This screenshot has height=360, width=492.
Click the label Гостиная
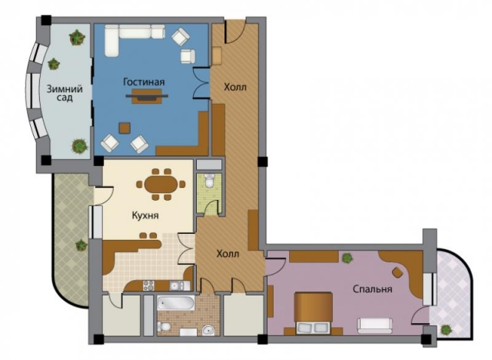[x=144, y=82]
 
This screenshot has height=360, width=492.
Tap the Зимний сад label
[x=65, y=93]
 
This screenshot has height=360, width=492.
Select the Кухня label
[x=145, y=216]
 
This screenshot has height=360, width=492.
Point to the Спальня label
[x=372, y=288]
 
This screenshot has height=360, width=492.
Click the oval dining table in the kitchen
[x=161, y=185]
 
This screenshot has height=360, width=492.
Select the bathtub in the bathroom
[x=175, y=302]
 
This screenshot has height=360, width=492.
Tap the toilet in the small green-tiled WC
[x=209, y=181]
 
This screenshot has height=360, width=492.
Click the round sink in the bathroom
[x=208, y=330]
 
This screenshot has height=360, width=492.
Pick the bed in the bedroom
[x=313, y=312]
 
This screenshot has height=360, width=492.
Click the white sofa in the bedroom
[x=374, y=325]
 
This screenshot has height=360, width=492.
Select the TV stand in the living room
[x=147, y=96]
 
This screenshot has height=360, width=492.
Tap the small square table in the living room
[x=125, y=128]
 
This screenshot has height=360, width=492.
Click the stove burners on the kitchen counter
[x=148, y=285]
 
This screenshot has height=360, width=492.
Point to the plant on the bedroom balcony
[x=446, y=330]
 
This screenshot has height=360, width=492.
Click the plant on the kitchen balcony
[x=81, y=245]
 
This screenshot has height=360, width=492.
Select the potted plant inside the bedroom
[x=347, y=258]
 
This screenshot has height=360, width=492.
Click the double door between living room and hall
[x=201, y=83]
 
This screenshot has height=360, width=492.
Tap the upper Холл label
[x=235, y=87]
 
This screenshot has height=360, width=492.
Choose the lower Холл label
[x=228, y=254]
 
